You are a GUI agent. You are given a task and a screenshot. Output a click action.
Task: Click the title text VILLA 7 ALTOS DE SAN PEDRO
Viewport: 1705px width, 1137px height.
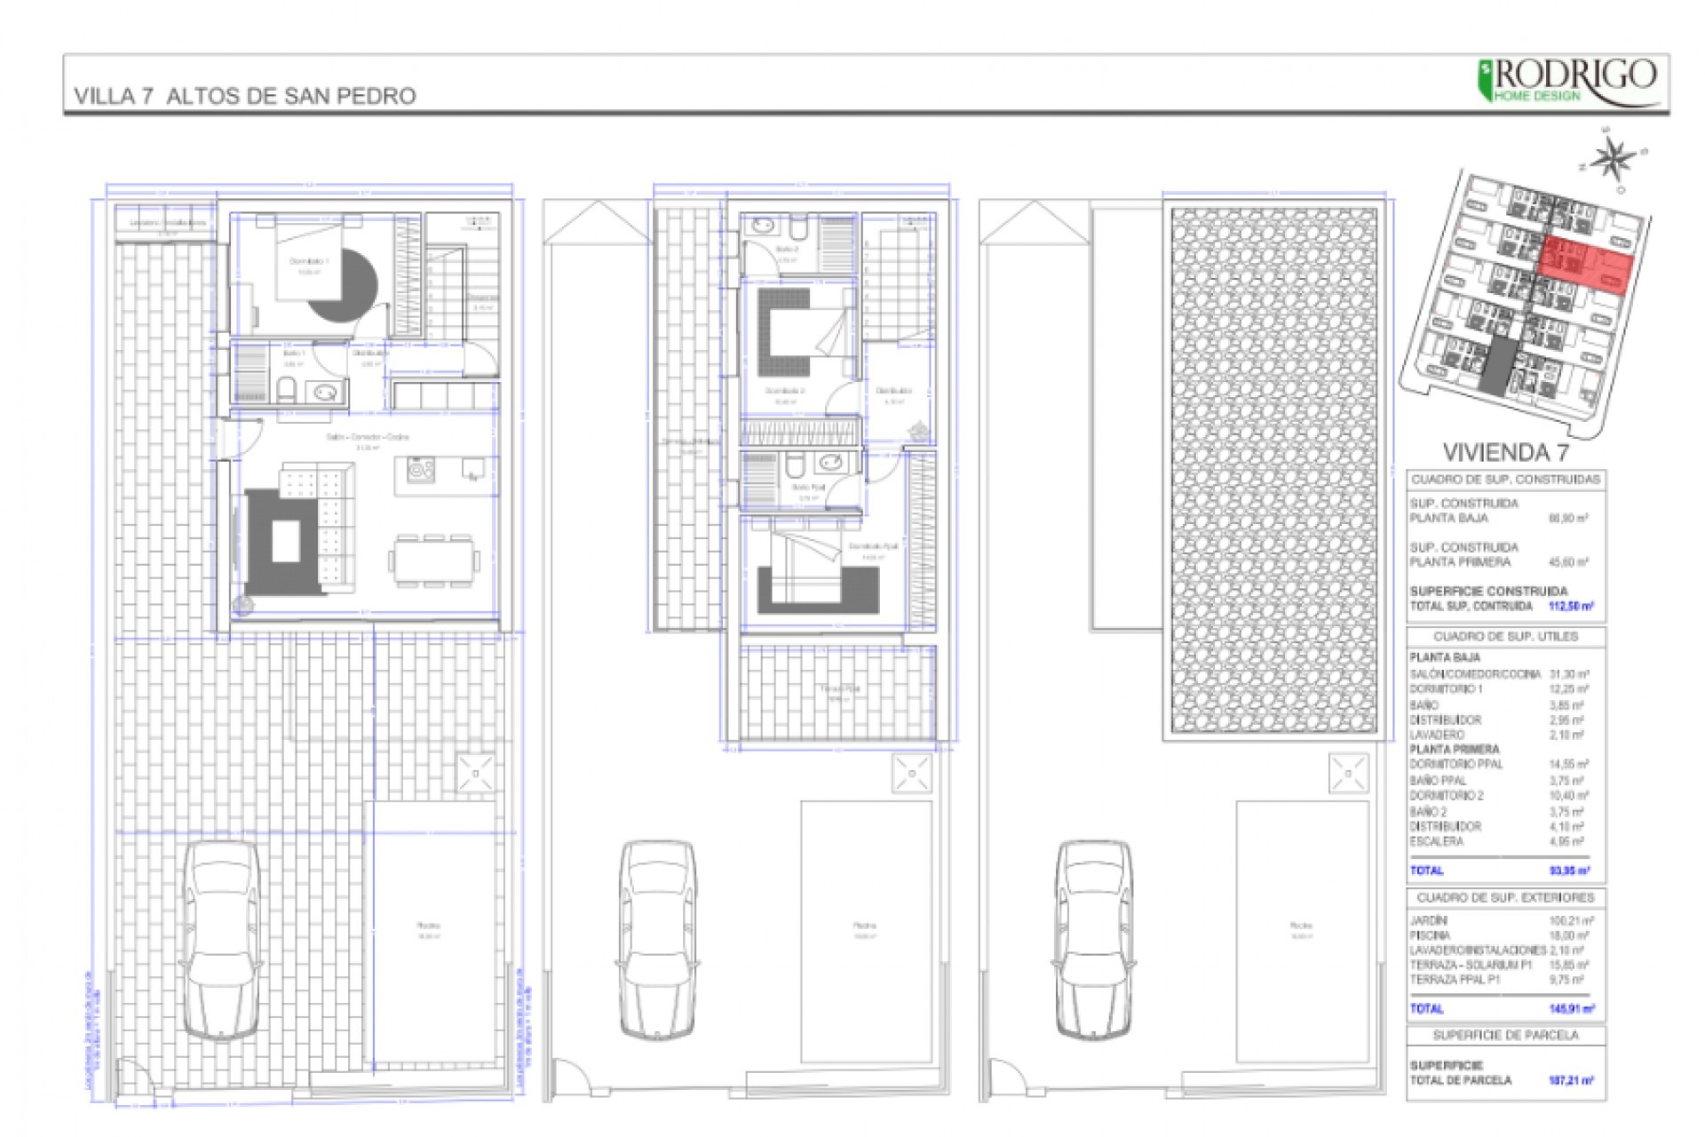pyautogui.click(x=245, y=96)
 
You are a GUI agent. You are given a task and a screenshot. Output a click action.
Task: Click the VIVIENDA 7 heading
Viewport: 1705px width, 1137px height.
pyautogui.click(x=1505, y=452)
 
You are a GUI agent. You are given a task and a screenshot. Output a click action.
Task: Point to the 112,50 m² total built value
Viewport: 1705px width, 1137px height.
pyautogui.click(x=1570, y=607)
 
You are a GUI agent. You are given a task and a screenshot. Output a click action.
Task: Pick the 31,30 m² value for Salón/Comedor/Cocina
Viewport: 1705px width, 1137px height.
pyautogui.click(x=1569, y=674)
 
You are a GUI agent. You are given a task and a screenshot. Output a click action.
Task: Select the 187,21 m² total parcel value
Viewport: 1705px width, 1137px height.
pyautogui.click(x=1571, y=1080)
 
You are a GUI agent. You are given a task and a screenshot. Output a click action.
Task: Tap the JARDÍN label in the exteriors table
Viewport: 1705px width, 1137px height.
pyautogui.click(x=1429, y=921)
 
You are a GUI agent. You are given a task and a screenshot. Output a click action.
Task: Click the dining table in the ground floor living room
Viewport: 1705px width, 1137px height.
pyautogui.click(x=433, y=561)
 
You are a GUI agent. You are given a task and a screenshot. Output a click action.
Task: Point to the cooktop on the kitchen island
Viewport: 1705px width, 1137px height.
pyautogui.click(x=420, y=469)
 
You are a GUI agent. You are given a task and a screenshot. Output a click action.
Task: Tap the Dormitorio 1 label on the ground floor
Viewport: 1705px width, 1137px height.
pyautogui.click(x=309, y=261)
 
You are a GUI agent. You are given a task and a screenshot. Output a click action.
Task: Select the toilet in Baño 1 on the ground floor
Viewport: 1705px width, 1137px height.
pyautogui.click(x=287, y=389)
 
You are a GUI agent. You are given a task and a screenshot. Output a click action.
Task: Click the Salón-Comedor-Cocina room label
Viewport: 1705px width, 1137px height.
pyautogui.click(x=367, y=437)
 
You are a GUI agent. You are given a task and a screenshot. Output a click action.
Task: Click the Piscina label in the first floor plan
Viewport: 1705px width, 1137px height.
pyautogui.click(x=865, y=926)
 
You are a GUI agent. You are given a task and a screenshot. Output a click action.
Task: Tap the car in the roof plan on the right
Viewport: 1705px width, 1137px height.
pyautogui.click(x=1094, y=940)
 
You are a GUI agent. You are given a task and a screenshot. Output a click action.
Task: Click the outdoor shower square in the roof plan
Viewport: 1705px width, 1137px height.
pyautogui.click(x=1348, y=774)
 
